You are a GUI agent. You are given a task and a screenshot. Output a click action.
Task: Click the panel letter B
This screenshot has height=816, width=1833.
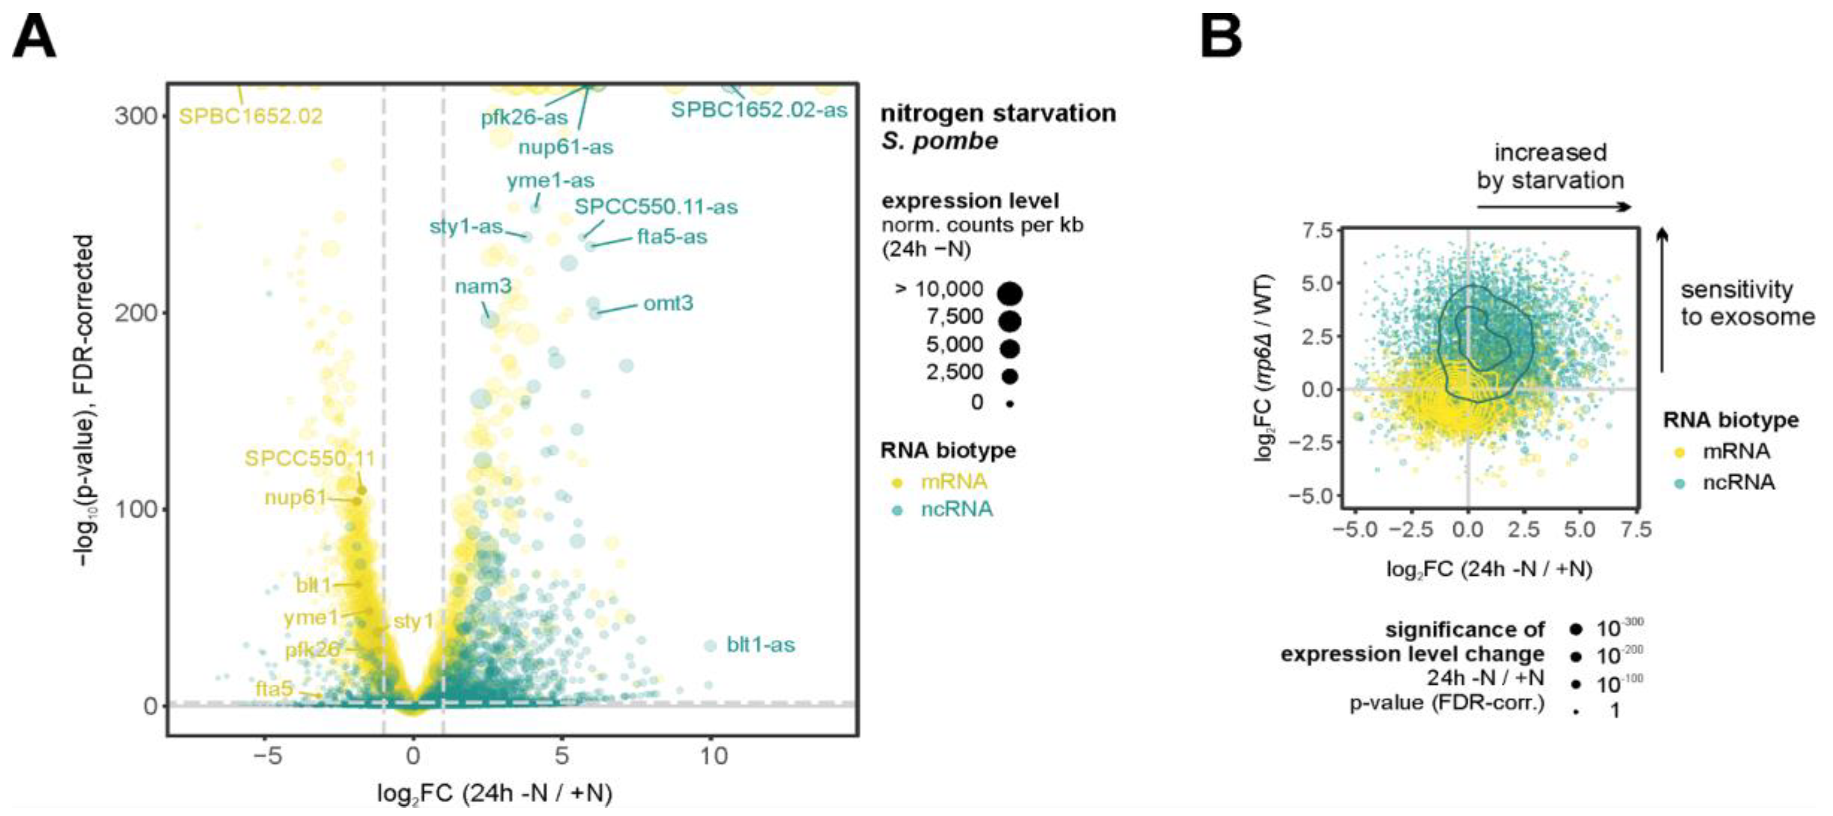(x=1221, y=36)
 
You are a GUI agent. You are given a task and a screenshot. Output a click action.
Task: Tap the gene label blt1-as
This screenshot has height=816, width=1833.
(x=760, y=645)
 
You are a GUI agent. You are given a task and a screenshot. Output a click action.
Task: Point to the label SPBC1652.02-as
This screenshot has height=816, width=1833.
(x=759, y=110)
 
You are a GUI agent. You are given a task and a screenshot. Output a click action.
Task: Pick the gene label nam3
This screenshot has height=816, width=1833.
(x=483, y=287)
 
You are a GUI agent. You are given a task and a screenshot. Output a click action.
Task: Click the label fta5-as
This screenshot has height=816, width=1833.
(x=672, y=237)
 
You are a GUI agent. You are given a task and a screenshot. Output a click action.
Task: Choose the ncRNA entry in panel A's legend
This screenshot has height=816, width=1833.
(x=956, y=510)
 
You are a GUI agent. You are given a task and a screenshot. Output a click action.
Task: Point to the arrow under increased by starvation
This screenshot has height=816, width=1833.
(x=1553, y=207)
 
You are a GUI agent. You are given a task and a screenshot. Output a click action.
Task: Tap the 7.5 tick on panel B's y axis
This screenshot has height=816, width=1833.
(x=1317, y=230)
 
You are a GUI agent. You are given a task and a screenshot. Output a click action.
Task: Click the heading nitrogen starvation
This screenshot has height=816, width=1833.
(x=998, y=113)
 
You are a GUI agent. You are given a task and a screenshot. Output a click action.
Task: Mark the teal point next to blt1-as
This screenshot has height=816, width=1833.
(x=710, y=646)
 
